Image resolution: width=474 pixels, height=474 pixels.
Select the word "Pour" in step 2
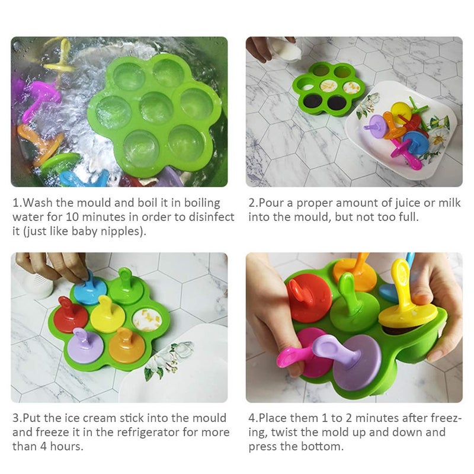(272, 203)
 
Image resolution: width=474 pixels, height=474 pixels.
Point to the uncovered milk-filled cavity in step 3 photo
(146, 320)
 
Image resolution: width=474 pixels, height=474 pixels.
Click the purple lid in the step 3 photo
(85, 346)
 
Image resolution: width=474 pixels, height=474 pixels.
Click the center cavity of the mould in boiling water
(156, 108)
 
